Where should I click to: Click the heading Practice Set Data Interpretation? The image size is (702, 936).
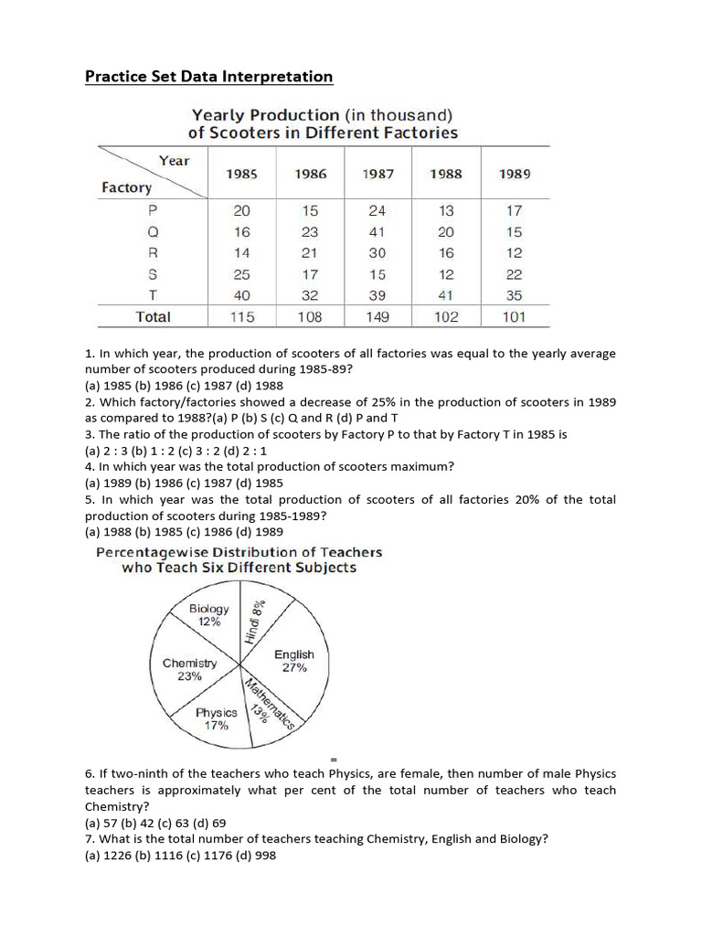[208, 77]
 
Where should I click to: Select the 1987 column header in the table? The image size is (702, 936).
[378, 174]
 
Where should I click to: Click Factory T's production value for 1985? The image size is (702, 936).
[242, 295]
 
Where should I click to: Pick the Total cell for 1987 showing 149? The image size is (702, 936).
[378, 317]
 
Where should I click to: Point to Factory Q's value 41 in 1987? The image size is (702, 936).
[378, 231]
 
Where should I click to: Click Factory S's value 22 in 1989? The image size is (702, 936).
[515, 274]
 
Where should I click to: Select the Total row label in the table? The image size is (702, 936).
[153, 317]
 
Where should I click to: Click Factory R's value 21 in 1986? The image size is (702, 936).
[310, 253]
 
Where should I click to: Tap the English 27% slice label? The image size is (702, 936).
[293, 661]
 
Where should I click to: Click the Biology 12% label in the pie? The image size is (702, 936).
[209, 615]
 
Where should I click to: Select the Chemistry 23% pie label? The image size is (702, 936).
[190, 670]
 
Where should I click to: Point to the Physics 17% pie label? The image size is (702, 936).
[216, 718]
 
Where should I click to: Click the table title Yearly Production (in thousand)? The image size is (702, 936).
[322, 115]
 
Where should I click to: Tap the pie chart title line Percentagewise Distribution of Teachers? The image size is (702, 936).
[239, 552]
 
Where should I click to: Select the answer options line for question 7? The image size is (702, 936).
[180, 856]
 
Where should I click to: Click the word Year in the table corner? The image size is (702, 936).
[174, 161]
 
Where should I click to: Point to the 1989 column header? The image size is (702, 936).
[515, 174]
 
